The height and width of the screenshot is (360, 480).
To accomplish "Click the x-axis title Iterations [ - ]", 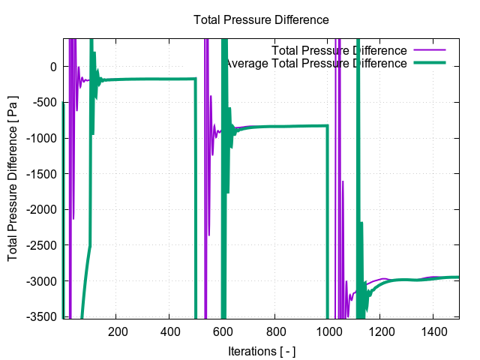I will (x=261, y=351).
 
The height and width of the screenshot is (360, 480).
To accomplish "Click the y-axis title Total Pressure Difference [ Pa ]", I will (x=13, y=178).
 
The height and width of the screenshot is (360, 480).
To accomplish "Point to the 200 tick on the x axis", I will (x=116, y=331).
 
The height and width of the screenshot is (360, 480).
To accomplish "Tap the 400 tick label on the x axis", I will (x=169, y=331).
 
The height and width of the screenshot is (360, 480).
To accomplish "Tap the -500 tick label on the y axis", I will (x=44, y=103).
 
